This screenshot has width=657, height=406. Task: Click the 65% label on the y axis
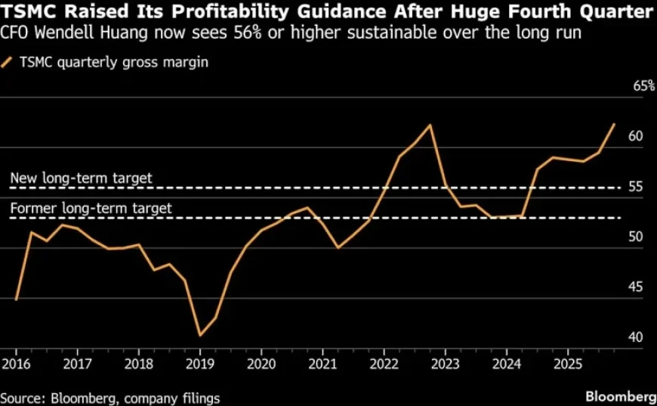point(643,86)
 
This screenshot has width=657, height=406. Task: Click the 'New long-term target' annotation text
point(82,178)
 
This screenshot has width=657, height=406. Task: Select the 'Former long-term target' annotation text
point(91,208)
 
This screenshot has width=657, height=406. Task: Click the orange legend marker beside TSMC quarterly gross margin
point(8,63)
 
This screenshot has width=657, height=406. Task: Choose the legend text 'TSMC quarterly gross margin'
point(113,63)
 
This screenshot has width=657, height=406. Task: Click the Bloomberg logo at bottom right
point(620,396)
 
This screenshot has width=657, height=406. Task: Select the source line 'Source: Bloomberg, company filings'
point(110,397)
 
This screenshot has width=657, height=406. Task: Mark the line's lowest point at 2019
point(200,335)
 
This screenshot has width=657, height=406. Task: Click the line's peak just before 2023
point(430,125)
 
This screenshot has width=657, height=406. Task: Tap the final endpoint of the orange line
point(614,124)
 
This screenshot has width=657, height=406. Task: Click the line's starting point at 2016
point(16,299)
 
